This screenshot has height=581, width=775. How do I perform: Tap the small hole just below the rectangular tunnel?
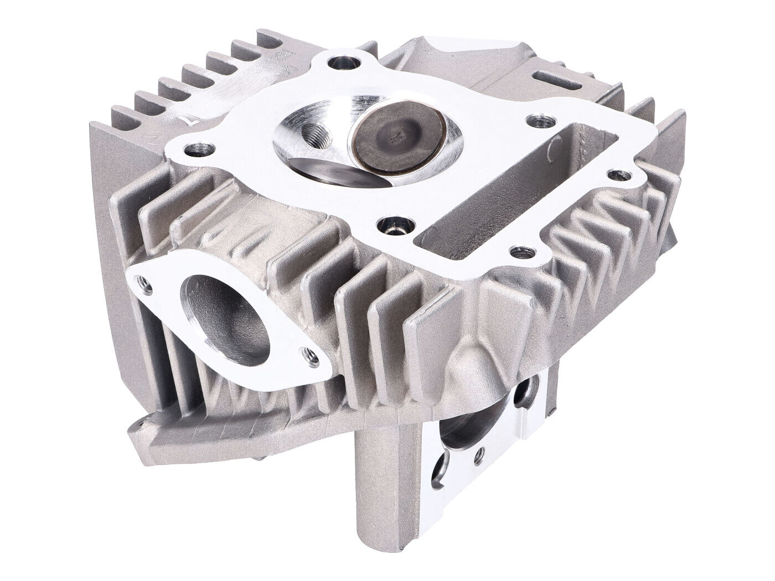coord(519,252)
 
